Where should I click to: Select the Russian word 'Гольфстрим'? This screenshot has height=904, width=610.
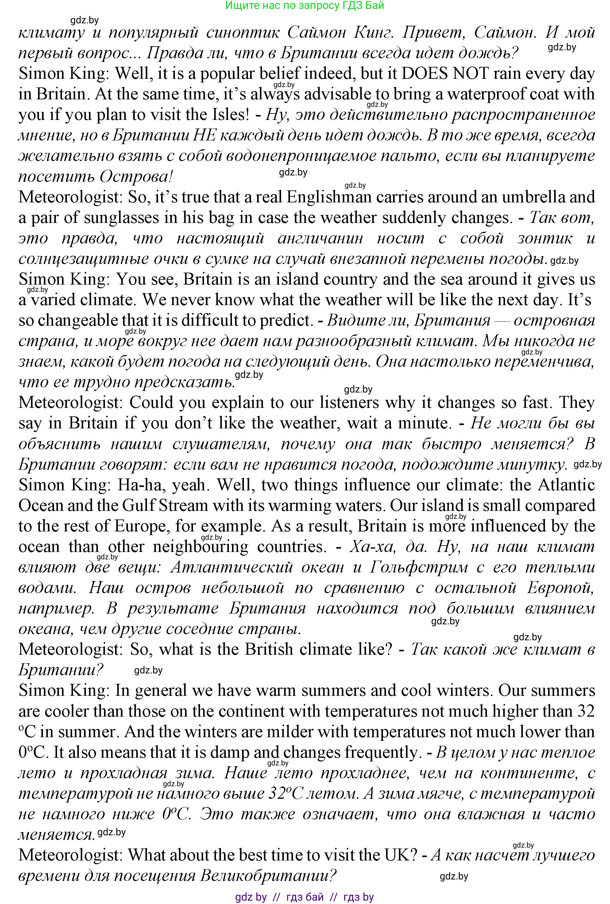click(x=419, y=567)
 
